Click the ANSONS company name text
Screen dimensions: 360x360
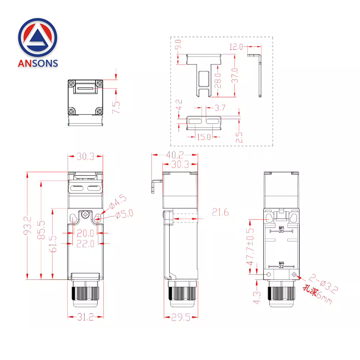tap(38, 63)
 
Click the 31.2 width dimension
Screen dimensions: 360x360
tap(85, 317)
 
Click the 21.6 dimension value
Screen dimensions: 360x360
tap(220, 212)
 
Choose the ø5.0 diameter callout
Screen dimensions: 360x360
tap(124, 213)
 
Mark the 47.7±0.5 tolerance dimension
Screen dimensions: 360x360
tap(250, 247)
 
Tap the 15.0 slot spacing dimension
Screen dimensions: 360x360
tap(204, 137)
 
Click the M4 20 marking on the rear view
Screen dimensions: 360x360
tap(282, 229)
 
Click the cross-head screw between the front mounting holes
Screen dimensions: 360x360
tap(86, 215)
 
